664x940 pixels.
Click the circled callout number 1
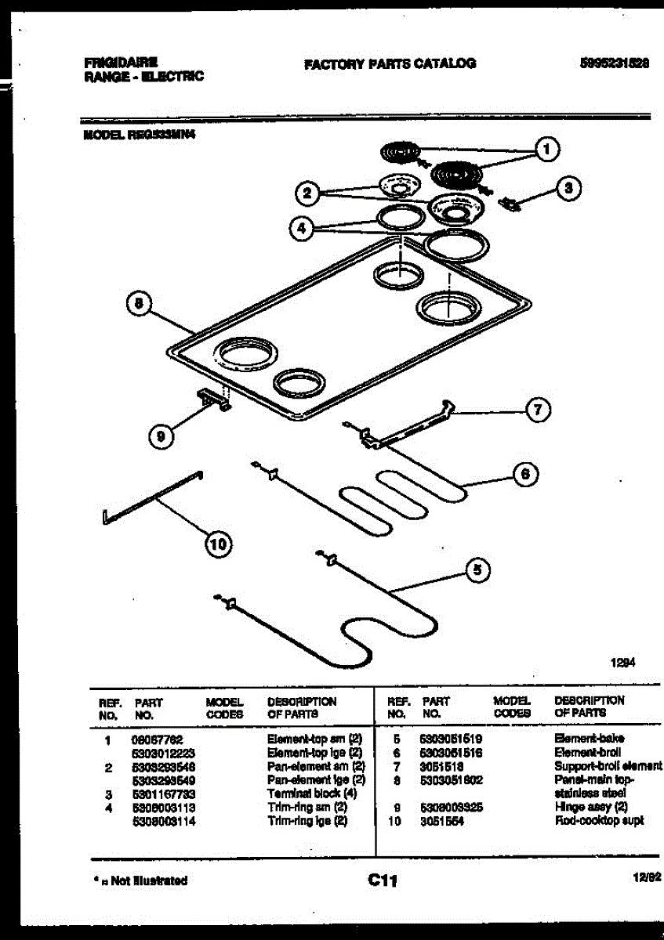(x=547, y=149)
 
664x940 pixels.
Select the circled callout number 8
(x=138, y=305)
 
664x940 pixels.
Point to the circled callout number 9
(x=160, y=438)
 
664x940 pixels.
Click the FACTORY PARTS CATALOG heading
(x=390, y=63)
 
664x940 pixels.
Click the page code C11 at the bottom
(x=383, y=881)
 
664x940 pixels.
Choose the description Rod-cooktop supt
(x=599, y=821)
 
